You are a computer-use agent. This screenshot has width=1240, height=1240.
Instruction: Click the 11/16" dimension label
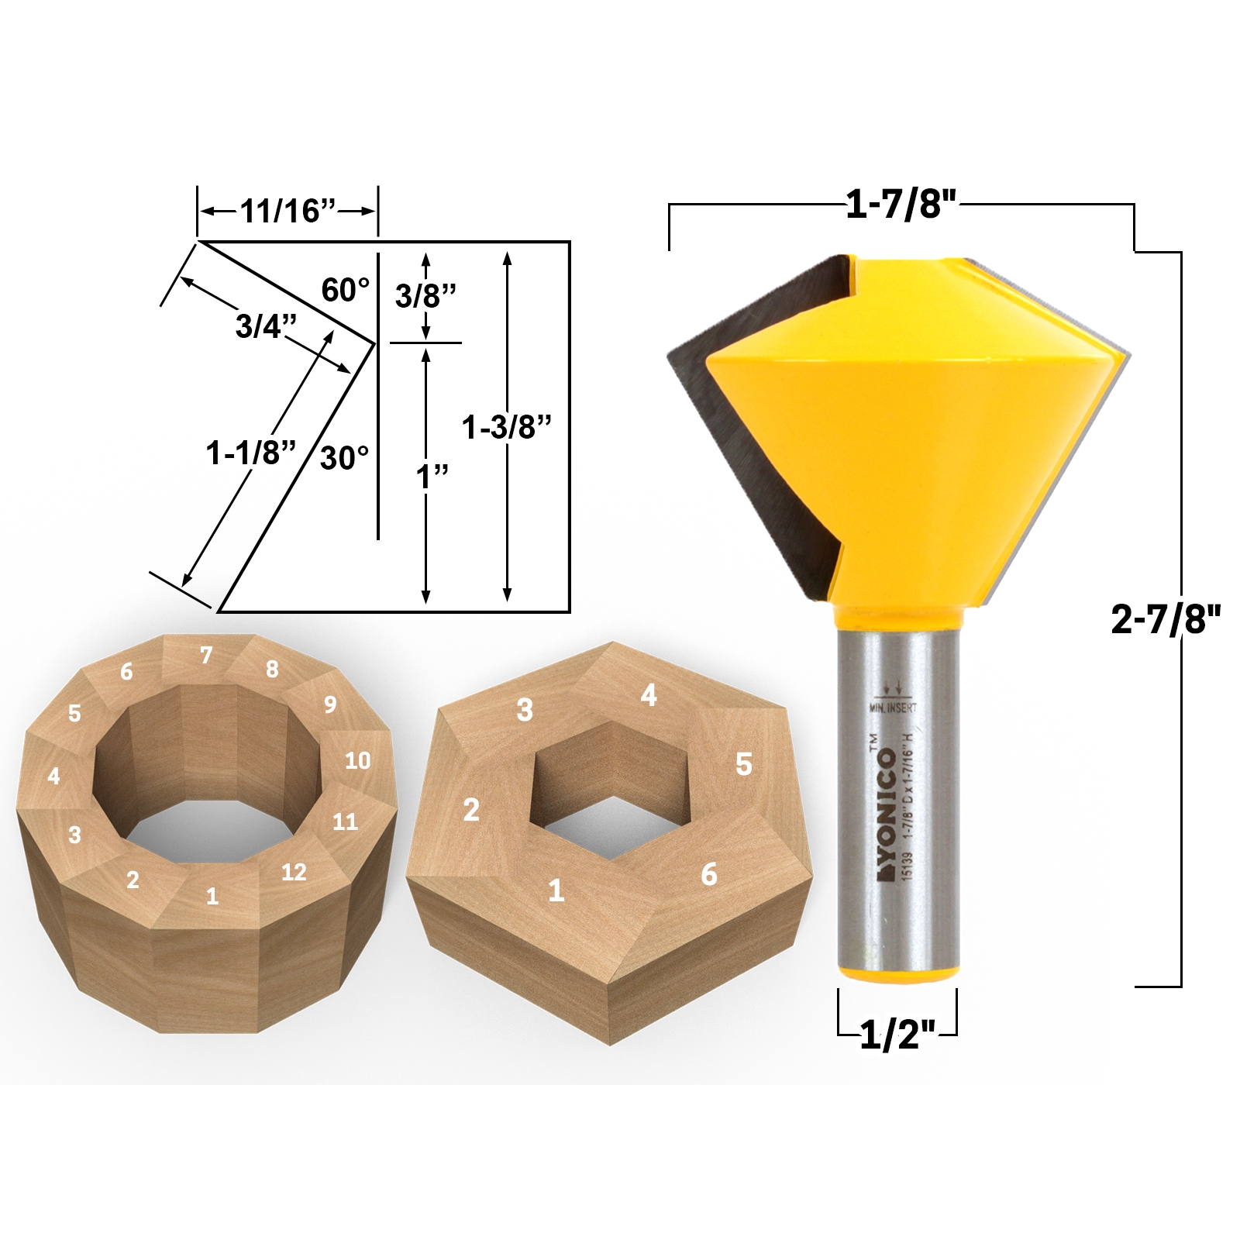click(x=287, y=211)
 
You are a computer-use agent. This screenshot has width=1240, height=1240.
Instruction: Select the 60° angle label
click(x=345, y=290)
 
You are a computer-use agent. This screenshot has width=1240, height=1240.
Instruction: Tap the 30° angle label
click(x=344, y=458)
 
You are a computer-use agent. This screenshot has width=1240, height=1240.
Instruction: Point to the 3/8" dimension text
click(x=425, y=295)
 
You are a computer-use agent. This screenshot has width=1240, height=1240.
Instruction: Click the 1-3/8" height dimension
click(x=506, y=427)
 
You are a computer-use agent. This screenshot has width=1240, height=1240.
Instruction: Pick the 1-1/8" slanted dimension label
click(x=250, y=453)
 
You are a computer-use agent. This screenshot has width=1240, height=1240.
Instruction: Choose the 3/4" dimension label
click(x=266, y=326)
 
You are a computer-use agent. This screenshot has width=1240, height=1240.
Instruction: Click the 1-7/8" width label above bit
click(x=901, y=205)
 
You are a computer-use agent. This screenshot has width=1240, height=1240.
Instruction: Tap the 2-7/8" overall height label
click(x=1165, y=619)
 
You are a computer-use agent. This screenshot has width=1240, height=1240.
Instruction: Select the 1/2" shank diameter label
click(x=898, y=1035)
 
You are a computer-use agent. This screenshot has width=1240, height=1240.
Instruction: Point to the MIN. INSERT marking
click(x=893, y=708)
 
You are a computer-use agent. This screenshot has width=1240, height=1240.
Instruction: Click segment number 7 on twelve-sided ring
click(x=206, y=656)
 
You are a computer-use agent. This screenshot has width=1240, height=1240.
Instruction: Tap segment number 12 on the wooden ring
click(x=294, y=872)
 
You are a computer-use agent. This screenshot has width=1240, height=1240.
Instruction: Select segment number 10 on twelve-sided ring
click(x=357, y=760)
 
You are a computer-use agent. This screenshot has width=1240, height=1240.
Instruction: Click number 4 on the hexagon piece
click(x=649, y=695)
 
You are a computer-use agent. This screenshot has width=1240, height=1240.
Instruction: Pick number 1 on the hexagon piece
click(x=556, y=890)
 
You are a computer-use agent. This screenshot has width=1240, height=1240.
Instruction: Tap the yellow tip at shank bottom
click(x=898, y=973)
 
